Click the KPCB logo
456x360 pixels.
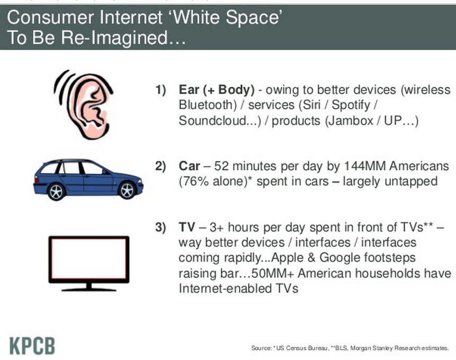[32, 346]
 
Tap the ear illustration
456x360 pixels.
[84, 105]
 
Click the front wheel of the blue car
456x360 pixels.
[127, 191]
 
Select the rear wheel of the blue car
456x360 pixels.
[56, 192]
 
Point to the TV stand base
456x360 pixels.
[89, 289]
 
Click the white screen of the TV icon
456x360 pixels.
[89, 259]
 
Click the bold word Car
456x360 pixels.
[189, 166]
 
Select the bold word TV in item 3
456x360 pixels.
[187, 227]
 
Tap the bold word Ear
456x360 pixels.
[189, 89]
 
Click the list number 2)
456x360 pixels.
[160, 166]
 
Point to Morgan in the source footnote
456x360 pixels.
[358, 348]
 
